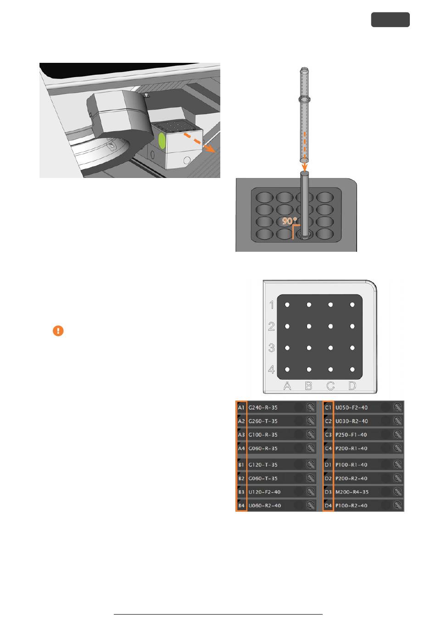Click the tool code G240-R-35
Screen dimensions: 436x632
pos(263,408)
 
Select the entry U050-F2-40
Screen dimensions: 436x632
pos(351,408)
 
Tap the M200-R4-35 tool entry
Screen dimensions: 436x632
pos(352,492)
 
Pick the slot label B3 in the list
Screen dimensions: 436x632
pos(241,492)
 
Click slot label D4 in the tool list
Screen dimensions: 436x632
pos(328,505)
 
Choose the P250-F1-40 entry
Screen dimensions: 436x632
pos(351,435)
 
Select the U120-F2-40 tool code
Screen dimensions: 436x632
pos(264,492)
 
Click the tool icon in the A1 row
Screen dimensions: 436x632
pos(311,408)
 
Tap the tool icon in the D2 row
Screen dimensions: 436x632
pos(397,478)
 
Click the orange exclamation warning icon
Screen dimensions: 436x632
pos(58,331)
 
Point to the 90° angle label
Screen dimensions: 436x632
pos(290,221)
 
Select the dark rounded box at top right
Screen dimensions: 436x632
pos(390,20)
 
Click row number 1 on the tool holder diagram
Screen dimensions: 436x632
pos(272,305)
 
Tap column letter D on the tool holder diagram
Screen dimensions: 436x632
pos(352,386)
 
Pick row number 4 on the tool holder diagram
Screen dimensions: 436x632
pos(271,369)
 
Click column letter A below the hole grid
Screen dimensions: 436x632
pos(287,386)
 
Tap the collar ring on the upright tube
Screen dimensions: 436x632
pos(304,99)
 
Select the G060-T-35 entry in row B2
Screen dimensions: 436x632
pos(263,478)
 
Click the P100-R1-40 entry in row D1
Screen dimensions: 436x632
pos(351,465)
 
